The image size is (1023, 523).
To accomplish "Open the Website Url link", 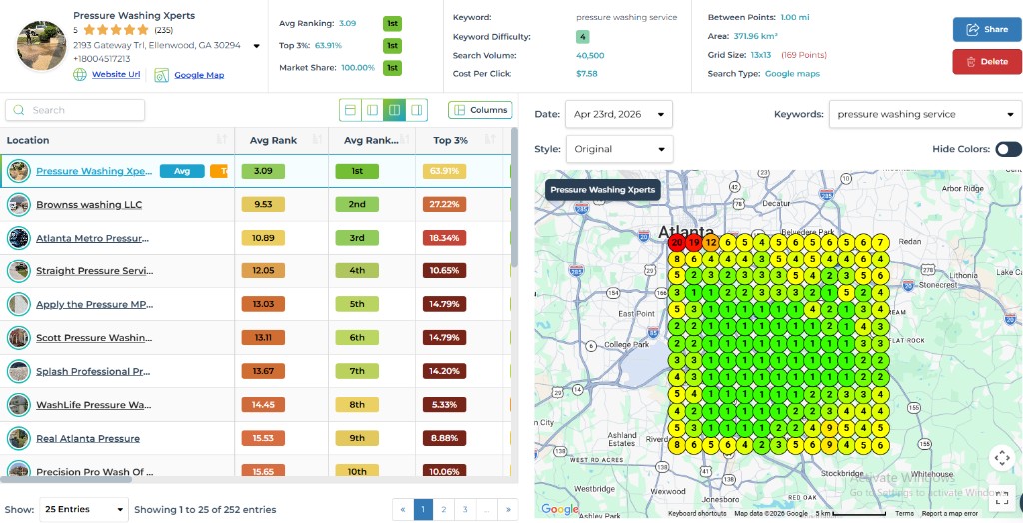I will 116,75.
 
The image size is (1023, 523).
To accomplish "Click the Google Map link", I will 198,75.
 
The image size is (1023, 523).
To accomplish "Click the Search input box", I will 75,110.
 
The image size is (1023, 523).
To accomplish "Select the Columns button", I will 480,110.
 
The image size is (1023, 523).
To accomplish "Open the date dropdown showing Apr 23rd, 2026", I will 618,114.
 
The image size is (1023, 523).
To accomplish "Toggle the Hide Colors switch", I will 1008,149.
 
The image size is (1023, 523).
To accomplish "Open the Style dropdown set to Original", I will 618,149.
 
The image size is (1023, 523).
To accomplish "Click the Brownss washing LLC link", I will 89,205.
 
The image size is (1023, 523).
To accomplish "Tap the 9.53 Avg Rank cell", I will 263,205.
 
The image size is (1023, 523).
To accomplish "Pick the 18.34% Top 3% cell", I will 445,238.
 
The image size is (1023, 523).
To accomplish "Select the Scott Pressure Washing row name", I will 92,338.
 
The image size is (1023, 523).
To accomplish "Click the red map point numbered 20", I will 677,242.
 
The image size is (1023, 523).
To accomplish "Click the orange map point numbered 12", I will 711,242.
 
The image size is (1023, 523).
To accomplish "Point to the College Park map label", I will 626,345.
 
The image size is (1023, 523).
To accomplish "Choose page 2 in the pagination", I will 444,509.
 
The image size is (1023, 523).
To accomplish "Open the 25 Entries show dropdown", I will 83,509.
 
